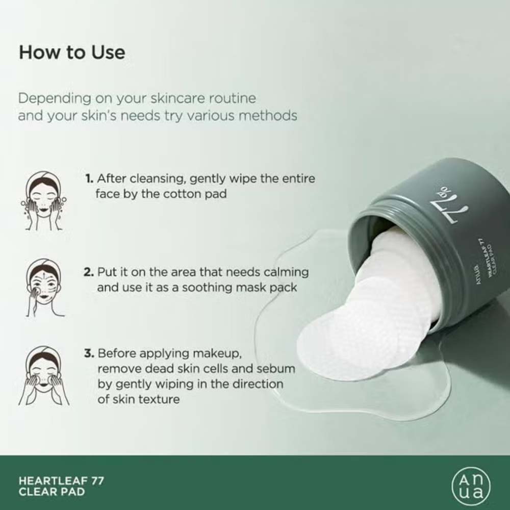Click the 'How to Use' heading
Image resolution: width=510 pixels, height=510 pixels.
[x=72, y=53]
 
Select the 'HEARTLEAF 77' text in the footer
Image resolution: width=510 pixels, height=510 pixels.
[x=61, y=480]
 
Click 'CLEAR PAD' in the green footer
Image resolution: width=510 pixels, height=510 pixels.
[x=52, y=492]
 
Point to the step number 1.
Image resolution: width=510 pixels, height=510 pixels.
[x=89, y=179]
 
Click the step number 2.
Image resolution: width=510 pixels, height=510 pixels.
[x=88, y=272]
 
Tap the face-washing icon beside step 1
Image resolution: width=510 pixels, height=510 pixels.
[x=44, y=200]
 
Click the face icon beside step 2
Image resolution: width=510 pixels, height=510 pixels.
[x=43, y=287]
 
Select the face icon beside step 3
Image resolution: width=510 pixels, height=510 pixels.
[x=44, y=375]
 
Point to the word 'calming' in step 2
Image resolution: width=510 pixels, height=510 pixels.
[x=286, y=272]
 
